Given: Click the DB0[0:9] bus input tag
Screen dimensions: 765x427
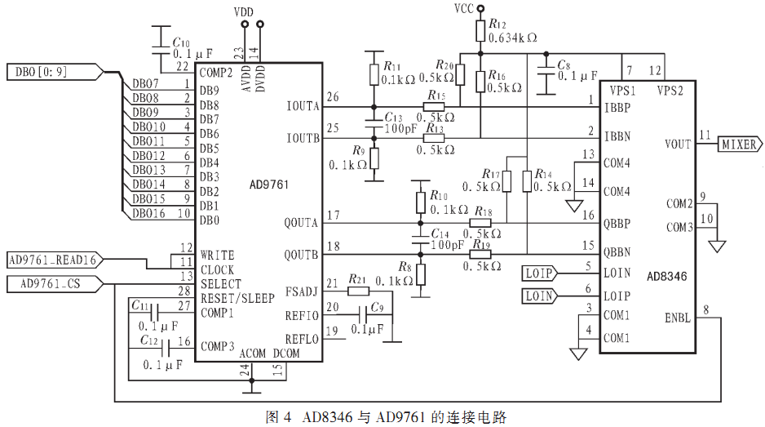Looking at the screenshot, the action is [55, 73].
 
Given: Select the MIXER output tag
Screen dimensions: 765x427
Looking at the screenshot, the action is [739, 145].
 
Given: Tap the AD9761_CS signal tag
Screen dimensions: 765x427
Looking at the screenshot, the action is [55, 284].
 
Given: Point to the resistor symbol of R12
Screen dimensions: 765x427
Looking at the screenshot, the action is [480, 31].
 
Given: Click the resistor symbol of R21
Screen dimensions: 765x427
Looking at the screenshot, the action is [359, 291].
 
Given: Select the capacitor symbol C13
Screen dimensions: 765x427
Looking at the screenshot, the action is [374, 123].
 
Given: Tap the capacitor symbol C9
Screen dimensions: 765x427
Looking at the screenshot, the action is [363, 314].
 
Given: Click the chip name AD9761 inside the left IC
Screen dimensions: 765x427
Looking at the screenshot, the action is [269, 185].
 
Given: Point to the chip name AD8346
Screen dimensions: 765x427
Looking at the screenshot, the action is [666, 277].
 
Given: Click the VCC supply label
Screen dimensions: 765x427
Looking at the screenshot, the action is [464, 9].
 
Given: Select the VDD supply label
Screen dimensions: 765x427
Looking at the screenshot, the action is [244, 11].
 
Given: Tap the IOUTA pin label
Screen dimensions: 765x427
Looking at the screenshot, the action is [303, 106].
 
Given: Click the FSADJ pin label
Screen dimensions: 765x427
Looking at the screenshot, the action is [302, 292].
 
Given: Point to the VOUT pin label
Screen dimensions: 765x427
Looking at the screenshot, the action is [678, 145].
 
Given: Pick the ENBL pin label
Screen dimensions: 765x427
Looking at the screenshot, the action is [678, 318].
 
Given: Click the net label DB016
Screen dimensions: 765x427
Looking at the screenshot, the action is [148, 214].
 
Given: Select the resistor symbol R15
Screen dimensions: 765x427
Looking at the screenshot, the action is [434, 107].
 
